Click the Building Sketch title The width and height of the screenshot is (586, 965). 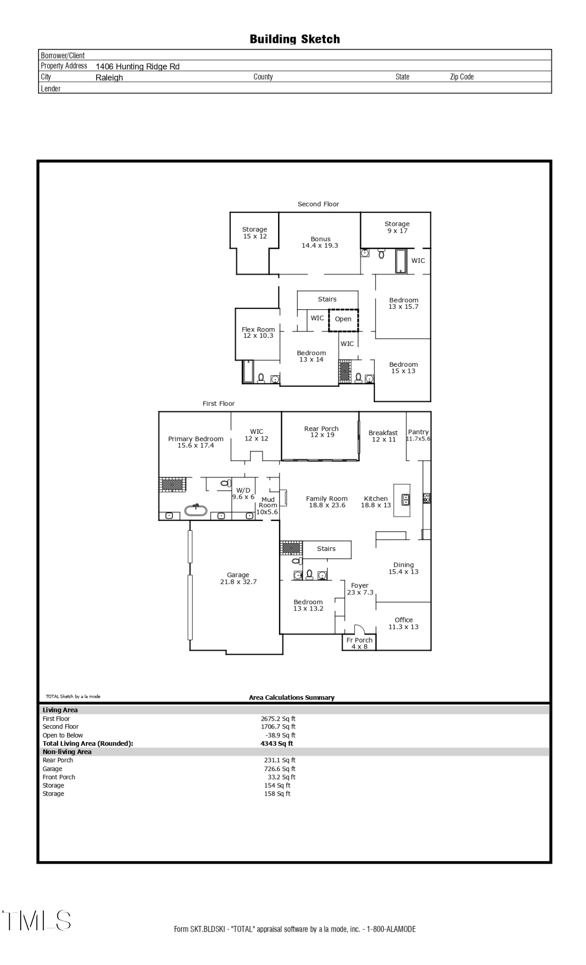point(294,39)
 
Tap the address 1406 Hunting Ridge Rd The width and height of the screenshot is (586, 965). point(138,67)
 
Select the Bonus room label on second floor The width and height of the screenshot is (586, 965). point(320,242)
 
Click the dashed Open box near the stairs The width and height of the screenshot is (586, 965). point(343,319)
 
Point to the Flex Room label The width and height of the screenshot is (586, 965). point(258,332)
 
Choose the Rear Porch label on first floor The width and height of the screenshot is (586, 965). point(321,432)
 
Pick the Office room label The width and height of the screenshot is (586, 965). point(404,623)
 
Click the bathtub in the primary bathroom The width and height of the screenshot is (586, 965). point(196,510)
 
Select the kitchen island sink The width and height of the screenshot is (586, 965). point(406,499)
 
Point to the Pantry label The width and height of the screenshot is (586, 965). point(418,435)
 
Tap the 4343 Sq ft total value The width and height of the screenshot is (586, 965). point(277,744)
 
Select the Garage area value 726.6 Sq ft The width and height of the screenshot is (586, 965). point(279,769)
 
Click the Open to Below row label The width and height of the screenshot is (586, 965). point(63,735)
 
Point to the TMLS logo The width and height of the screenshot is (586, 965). point(37,921)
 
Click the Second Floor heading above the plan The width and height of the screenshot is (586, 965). point(318,204)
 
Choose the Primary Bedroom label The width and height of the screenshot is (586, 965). point(195,442)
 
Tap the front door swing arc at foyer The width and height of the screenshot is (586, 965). point(359,629)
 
